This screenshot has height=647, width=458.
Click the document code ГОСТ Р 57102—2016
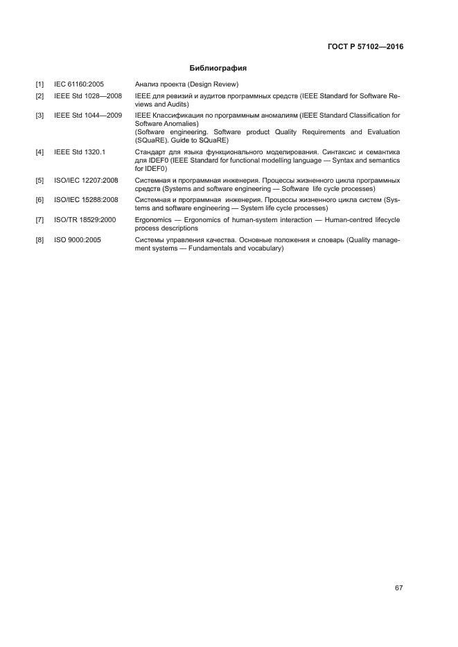[365, 47]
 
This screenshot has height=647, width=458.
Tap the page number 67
[398, 588]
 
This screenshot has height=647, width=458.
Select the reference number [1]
[40, 84]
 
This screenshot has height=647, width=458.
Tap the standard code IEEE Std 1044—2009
[88, 114]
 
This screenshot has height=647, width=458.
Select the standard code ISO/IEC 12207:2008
[86, 180]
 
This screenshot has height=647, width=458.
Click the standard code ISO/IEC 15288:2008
[86, 200]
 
